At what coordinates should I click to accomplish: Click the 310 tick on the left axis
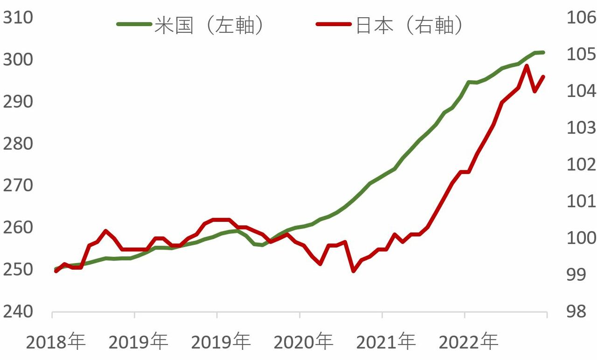click(x=18, y=18)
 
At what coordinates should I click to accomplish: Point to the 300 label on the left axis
click(x=18, y=59)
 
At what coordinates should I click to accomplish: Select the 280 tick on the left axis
click(x=18, y=144)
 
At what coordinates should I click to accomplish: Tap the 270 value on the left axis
click(x=18, y=186)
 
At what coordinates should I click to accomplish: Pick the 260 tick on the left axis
click(x=18, y=228)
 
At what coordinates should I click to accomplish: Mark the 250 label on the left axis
click(x=18, y=270)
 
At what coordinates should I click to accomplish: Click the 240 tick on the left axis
click(x=18, y=312)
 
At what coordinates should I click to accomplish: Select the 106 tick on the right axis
click(x=582, y=18)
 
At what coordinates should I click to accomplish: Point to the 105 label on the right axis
click(x=582, y=54)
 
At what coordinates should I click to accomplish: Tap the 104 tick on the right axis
click(x=582, y=91)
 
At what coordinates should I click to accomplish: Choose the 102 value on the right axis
click(x=582, y=165)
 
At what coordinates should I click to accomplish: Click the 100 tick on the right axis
click(x=582, y=238)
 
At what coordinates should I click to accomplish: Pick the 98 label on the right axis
click(x=576, y=312)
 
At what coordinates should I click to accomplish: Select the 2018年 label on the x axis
click(x=56, y=342)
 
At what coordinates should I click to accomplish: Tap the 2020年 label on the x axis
click(x=303, y=342)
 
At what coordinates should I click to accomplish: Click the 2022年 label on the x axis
click(x=468, y=342)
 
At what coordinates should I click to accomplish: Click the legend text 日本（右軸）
click(x=409, y=25)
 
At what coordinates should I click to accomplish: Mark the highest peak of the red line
click(x=527, y=66)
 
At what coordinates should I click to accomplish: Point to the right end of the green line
click(x=543, y=53)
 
